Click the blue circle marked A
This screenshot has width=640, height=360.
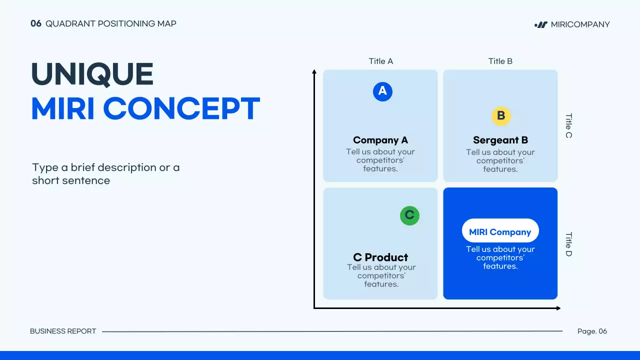coord(382,91)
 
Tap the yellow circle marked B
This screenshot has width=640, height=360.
coord(501,116)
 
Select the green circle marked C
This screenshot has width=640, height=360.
coord(409,215)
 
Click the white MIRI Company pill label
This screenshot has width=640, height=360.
coord(500,230)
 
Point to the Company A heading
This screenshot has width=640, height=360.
coord(380,140)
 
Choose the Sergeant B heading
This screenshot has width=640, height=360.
coord(500,140)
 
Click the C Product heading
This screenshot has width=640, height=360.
coord(380,257)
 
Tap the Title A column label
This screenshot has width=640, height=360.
coord(381,61)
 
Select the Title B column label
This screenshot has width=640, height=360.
coord(500,61)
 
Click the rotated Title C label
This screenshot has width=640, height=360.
coord(569,125)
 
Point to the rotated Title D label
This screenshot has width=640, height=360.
coord(569,244)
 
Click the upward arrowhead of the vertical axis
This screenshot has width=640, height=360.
coord(314,71)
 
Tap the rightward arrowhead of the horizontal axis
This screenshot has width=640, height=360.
coord(558,308)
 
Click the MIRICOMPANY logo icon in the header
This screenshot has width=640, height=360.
coord(541,25)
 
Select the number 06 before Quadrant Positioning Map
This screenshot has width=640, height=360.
coord(36,23)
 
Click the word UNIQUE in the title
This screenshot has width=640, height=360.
coord(92,74)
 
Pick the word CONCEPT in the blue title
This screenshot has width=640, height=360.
coord(181,108)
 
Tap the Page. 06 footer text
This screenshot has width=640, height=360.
coord(592,331)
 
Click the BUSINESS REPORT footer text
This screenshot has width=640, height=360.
coord(63,331)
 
